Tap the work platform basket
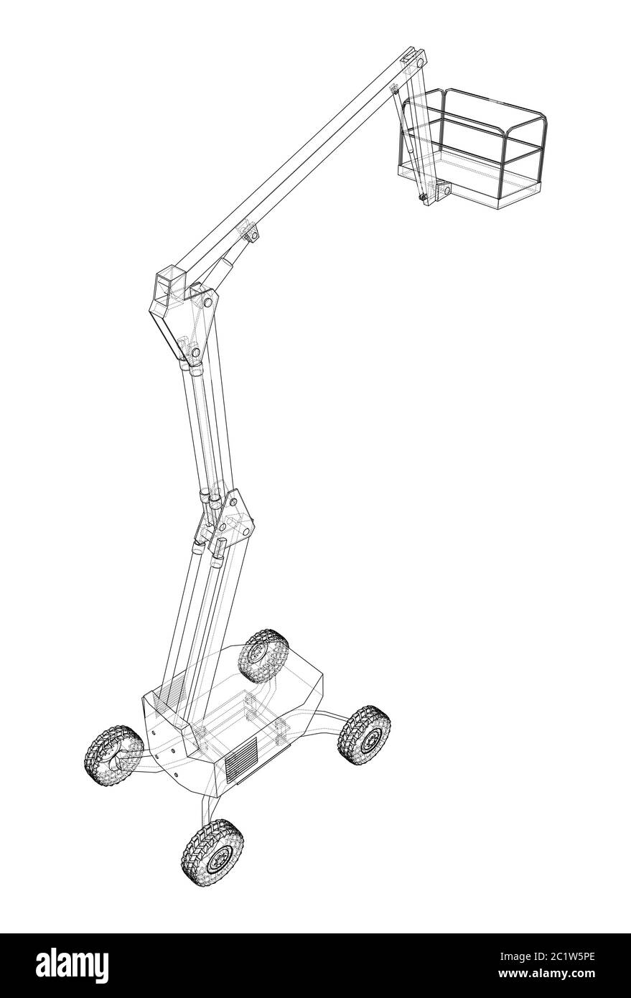click(x=472, y=148)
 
